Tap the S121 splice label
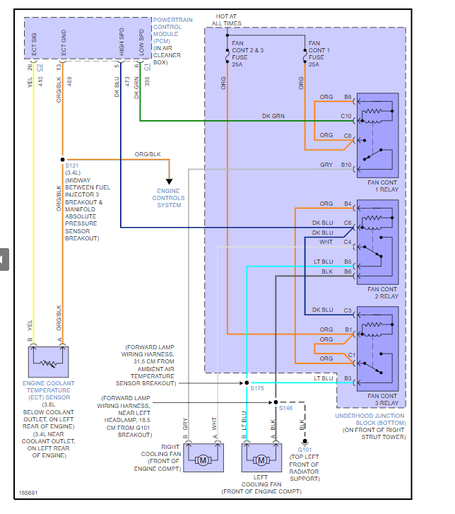click(73, 165)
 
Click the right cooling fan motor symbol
click(203, 460)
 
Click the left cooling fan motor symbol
click(261, 460)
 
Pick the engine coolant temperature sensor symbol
click(47, 362)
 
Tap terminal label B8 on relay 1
click(348, 97)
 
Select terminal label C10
click(346, 116)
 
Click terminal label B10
click(346, 165)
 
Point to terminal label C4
click(348, 243)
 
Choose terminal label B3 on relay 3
click(348, 378)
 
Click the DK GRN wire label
click(273, 116)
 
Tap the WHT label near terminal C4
click(326, 243)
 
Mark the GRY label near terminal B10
click(326, 165)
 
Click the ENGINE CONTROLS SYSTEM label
click(168, 198)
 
